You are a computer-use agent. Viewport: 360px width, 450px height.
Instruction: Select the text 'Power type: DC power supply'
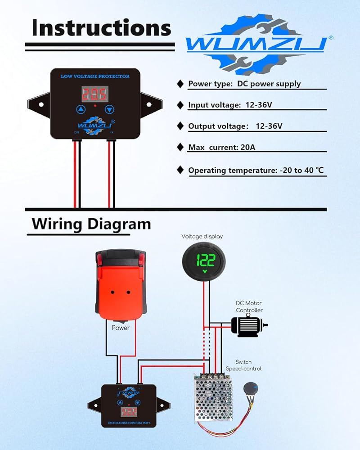click(244, 84)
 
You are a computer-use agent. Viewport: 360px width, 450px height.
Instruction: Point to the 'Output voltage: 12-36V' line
click(235, 126)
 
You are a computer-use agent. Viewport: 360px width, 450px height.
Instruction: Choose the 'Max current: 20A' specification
click(221, 147)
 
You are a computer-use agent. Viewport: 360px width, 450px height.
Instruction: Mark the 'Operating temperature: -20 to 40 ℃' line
click(256, 171)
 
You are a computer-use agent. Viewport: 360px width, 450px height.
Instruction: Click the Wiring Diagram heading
click(91, 224)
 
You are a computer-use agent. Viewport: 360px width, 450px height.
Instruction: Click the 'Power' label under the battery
click(121, 328)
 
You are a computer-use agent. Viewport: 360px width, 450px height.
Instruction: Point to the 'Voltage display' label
click(202, 236)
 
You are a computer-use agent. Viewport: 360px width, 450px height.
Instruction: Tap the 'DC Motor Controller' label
click(249, 307)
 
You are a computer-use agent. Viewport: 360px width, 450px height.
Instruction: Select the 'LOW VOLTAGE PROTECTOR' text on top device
click(95, 76)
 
